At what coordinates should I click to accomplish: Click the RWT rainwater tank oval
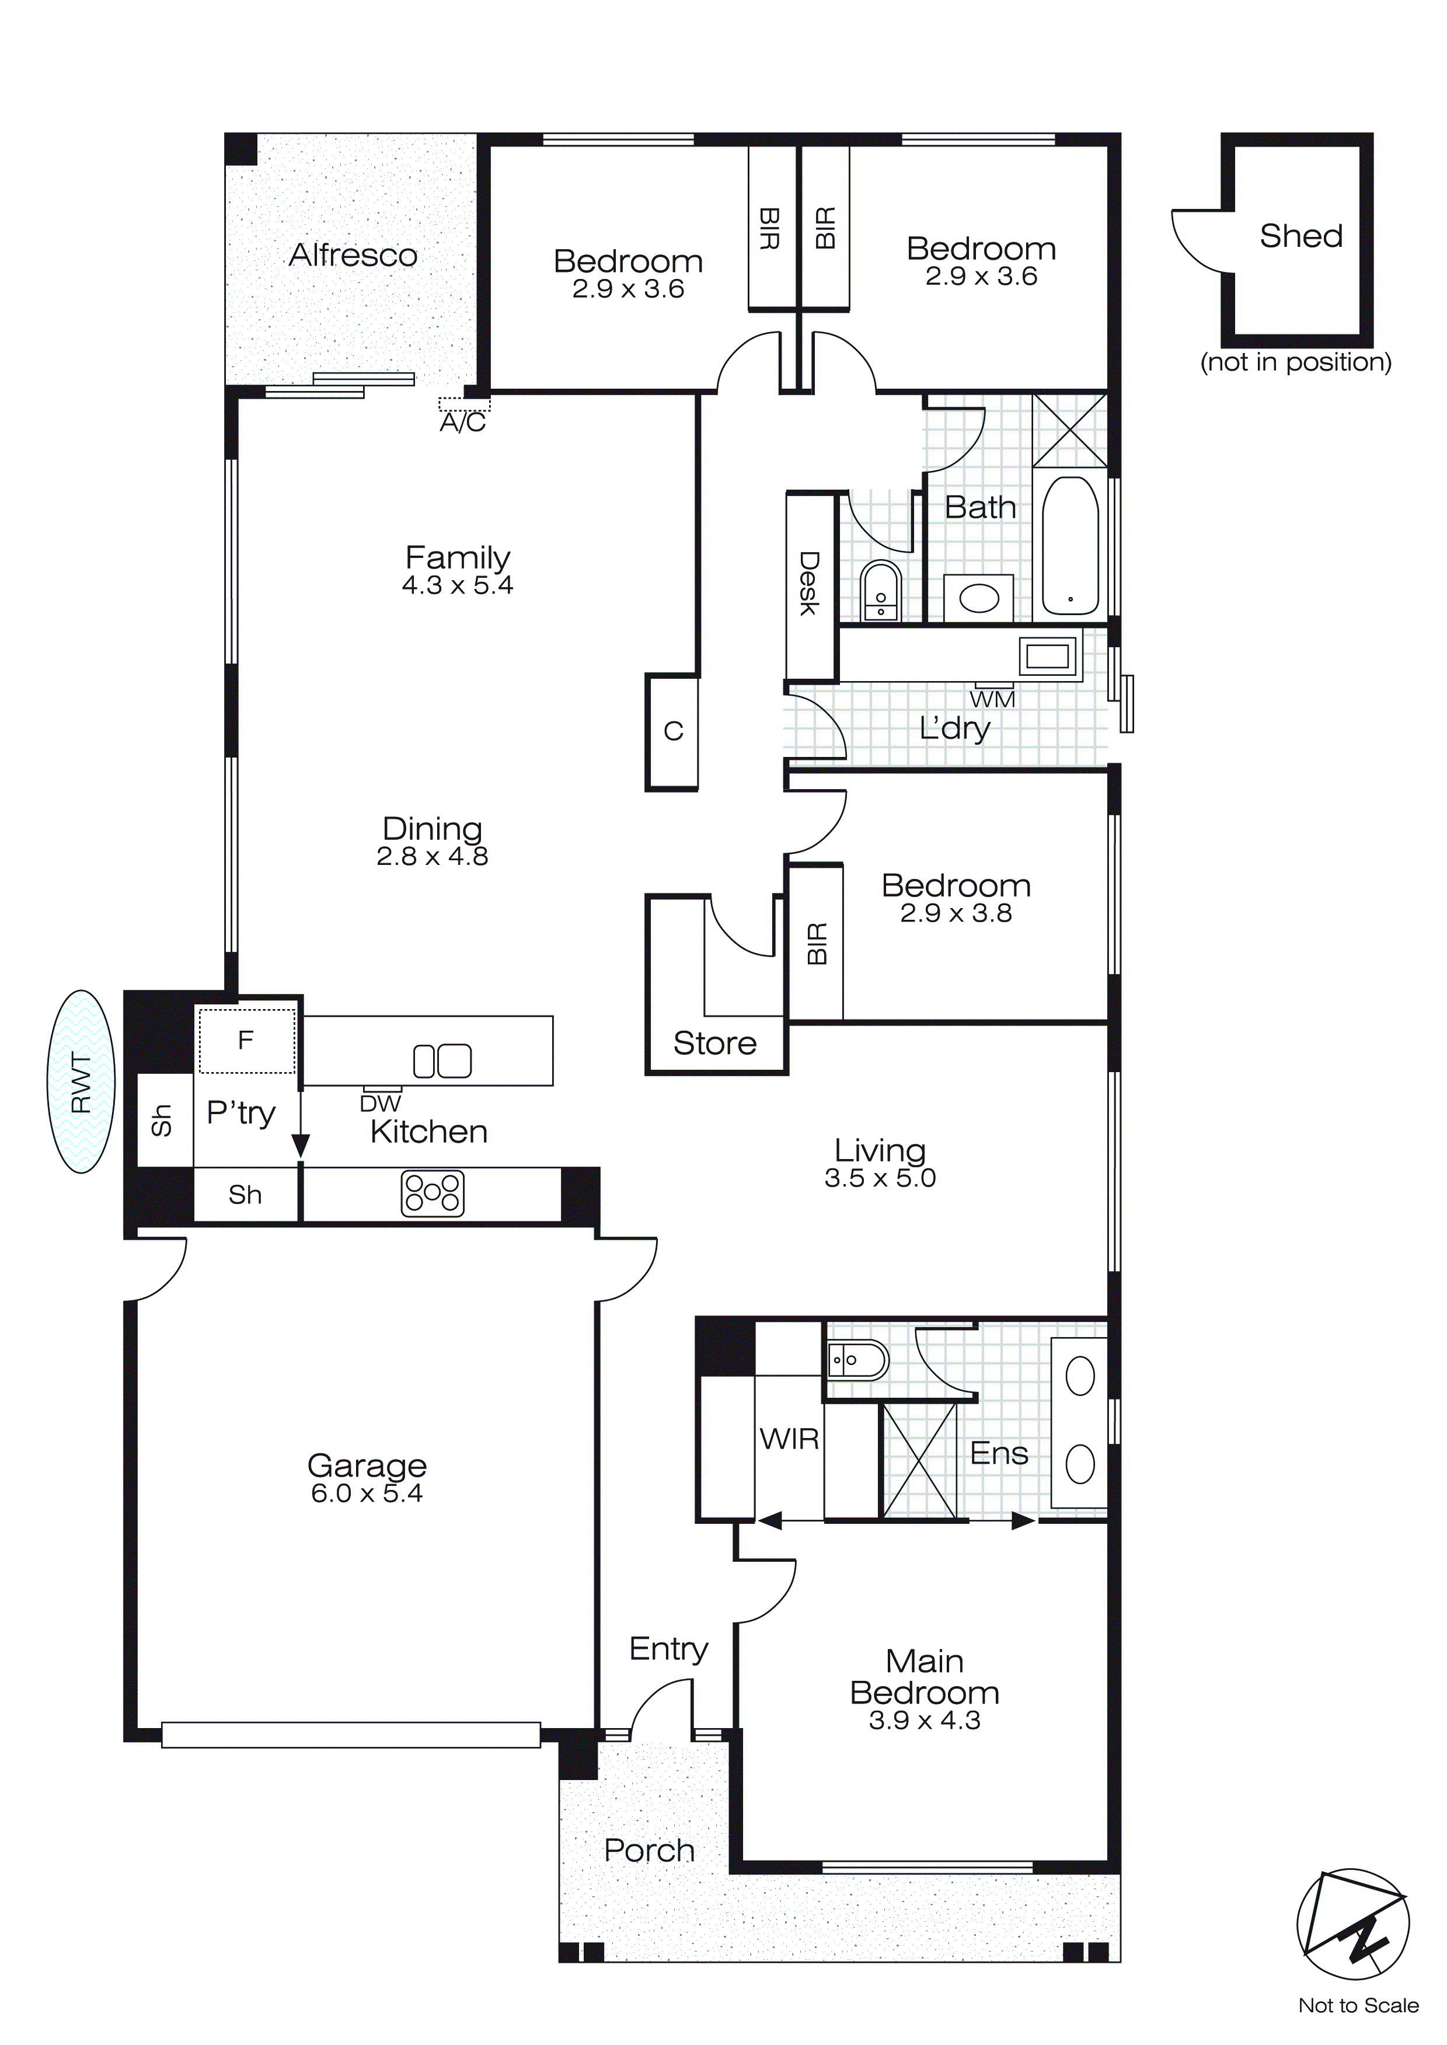pos(81,1081)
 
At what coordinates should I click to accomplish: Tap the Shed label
pos(1300,236)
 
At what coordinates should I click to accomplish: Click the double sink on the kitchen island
pos(442,1060)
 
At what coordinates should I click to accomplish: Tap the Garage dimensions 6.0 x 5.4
pos(366,1493)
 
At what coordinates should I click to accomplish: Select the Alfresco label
pos(353,256)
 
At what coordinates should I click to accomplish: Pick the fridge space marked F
pos(246,1041)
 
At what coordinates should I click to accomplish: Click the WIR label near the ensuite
pos(789,1439)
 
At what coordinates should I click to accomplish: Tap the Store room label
pos(714,1043)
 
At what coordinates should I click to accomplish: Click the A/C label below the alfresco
pos(462,422)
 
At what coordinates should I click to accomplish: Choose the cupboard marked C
pos(672,731)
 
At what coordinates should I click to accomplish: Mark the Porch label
pos(648,1850)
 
